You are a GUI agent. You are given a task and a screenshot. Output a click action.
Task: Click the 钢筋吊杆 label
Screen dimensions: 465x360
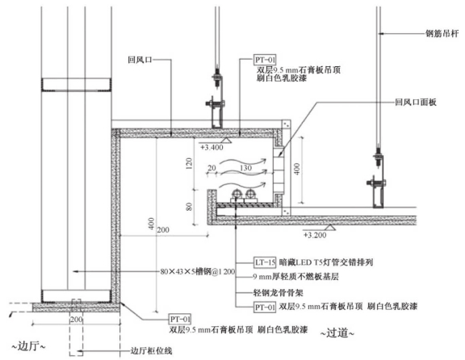(x=442, y=34)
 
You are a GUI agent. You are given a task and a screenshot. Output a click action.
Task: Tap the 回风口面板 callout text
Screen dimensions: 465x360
(x=416, y=103)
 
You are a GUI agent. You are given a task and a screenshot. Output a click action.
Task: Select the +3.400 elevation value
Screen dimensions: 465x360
(x=212, y=148)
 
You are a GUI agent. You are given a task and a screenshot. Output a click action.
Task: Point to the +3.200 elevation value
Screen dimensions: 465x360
(x=315, y=235)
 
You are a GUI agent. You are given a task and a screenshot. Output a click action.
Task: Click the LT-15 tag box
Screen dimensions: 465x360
(x=265, y=262)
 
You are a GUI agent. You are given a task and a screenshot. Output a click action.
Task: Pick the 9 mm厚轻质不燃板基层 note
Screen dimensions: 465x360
(x=295, y=277)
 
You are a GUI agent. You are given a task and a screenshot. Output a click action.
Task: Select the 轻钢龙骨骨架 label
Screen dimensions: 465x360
(x=278, y=293)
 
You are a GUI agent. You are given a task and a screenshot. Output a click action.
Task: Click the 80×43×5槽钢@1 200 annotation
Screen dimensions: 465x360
(x=198, y=271)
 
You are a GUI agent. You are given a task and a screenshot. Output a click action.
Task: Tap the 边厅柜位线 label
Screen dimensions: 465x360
(x=151, y=351)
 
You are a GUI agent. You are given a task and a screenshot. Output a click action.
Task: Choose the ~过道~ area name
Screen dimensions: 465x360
(x=337, y=333)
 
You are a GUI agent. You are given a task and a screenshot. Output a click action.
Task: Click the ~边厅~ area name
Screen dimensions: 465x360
(x=28, y=346)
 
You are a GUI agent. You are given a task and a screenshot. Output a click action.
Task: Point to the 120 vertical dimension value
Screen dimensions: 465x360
(x=189, y=163)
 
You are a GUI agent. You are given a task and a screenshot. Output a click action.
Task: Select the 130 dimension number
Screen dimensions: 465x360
(x=246, y=168)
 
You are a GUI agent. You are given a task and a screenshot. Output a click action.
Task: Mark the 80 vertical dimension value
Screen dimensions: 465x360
(x=189, y=207)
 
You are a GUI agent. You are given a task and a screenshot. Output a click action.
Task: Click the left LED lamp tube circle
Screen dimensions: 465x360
(x=237, y=194)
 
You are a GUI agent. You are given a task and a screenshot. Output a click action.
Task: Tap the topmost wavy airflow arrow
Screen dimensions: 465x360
(x=243, y=161)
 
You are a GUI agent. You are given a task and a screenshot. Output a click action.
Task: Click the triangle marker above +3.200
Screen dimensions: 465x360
(x=329, y=227)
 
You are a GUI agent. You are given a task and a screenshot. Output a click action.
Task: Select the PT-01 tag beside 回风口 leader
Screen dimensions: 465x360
(x=265, y=60)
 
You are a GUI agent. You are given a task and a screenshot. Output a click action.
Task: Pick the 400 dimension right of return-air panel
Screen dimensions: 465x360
(x=297, y=170)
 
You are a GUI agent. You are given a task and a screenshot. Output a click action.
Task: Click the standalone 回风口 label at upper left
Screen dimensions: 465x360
(x=140, y=60)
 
